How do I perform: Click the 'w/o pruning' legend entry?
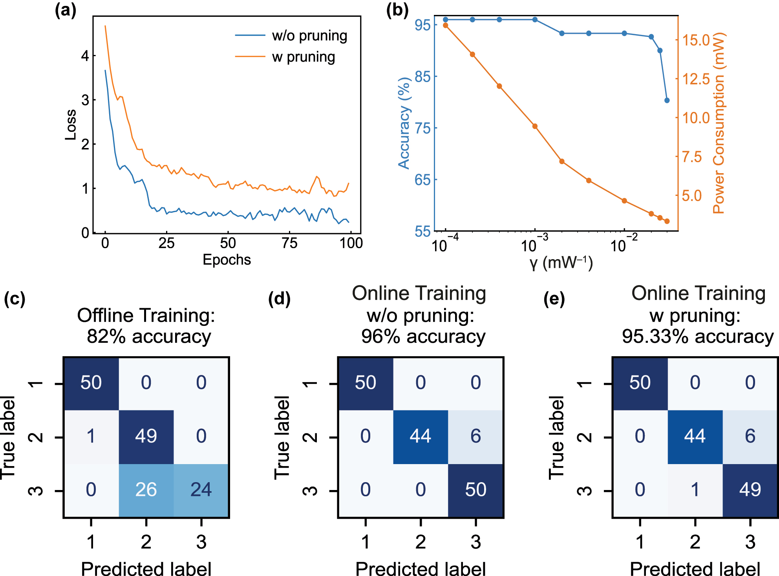pyautogui.click(x=309, y=36)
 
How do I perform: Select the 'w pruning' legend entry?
pyautogui.click(x=303, y=57)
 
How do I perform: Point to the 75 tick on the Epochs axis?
pyautogui.click(x=289, y=243)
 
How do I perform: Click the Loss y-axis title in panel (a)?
pyautogui.click(x=71, y=125)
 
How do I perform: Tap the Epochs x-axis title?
pyautogui.click(x=227, y=260)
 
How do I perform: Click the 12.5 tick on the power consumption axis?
pyautogui.click(x=696, y=79)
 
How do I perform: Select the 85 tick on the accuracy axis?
pyautogui.click(x=422, y=77)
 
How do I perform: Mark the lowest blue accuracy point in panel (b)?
pyautogui.click(x=667, y=101)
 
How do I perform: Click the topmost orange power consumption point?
pyautogui.click(x=446, y=26)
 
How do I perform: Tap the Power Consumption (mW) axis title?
pyautogui.click(x=719, y=123)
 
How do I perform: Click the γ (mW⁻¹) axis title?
pyautogui.click(x=561, y=262)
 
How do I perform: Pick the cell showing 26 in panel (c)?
pyautogui.click(x=146, y=490)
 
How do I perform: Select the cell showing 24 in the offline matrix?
pyautogui.click(x=201, y=490)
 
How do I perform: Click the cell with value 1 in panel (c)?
pyautogui.click(x=91, y=436)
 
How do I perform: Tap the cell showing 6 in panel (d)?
pyautogui.click(x=475, y=436)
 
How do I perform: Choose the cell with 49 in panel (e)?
pyautogui.click(x=750, y=490)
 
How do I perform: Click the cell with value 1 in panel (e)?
pyautogui.click(x=695, y=490)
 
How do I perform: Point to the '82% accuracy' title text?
pyautogui.click(x=149, y=336)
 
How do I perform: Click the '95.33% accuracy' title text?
pyautogui.click(x=698, y=336)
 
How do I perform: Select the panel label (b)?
pyautogui.click(x=397, y=10)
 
